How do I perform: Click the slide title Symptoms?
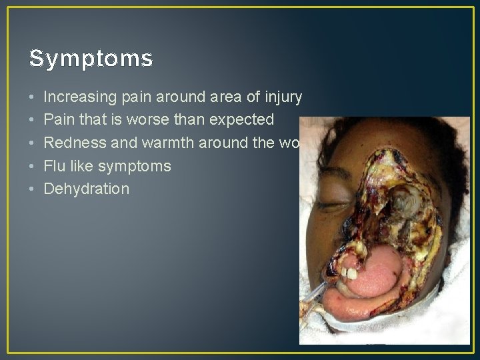click(91, 60)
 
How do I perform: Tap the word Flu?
click(55, 165)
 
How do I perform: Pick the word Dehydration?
click(86, 189)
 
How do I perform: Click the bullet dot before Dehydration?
click(33, 189)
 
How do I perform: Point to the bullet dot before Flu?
click(33, 166)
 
